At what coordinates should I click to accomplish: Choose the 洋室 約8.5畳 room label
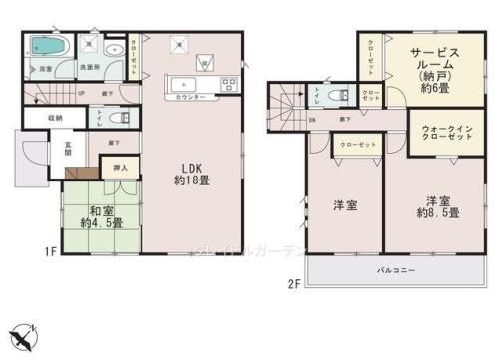click(437, 205)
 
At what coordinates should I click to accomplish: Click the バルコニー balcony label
click(396, 270)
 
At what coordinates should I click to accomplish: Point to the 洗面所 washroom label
click(88, 69)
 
